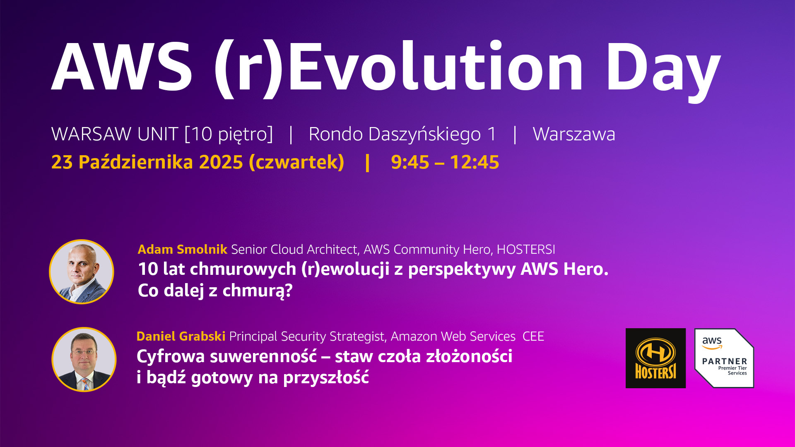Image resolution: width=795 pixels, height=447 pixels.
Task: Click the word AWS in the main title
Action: (122, 66)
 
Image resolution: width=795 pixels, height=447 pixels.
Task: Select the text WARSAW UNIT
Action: (115, 134)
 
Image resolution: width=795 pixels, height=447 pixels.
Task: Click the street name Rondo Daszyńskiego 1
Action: (402, 135)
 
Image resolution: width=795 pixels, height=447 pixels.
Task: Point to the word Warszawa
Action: (574, 134)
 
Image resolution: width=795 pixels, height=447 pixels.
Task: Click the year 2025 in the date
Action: (221, 162)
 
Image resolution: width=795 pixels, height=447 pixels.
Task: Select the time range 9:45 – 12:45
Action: (445, 162)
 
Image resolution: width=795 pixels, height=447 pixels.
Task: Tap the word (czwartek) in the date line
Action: (296, 162)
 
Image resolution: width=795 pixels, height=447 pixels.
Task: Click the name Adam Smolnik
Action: (182, 249)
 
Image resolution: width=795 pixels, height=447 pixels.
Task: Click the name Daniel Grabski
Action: (181, 336)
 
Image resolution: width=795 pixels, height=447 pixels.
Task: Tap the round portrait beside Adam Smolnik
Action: (82, 272)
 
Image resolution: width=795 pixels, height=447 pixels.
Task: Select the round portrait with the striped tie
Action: (84, 359)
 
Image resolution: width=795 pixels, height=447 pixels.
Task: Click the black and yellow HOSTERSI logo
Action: (655, 358)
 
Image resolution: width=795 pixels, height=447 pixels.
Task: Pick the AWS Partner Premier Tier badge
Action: (724, 358)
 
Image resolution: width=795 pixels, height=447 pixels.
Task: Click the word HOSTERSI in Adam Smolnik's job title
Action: (526, 249)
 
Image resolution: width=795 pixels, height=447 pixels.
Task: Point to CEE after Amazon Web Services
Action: (533, 336)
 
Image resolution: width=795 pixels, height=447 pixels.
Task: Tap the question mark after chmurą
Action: (289, 290)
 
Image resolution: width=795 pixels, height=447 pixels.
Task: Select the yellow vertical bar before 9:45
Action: (367, 162)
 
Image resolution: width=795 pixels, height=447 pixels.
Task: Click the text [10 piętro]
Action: (229, 135)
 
